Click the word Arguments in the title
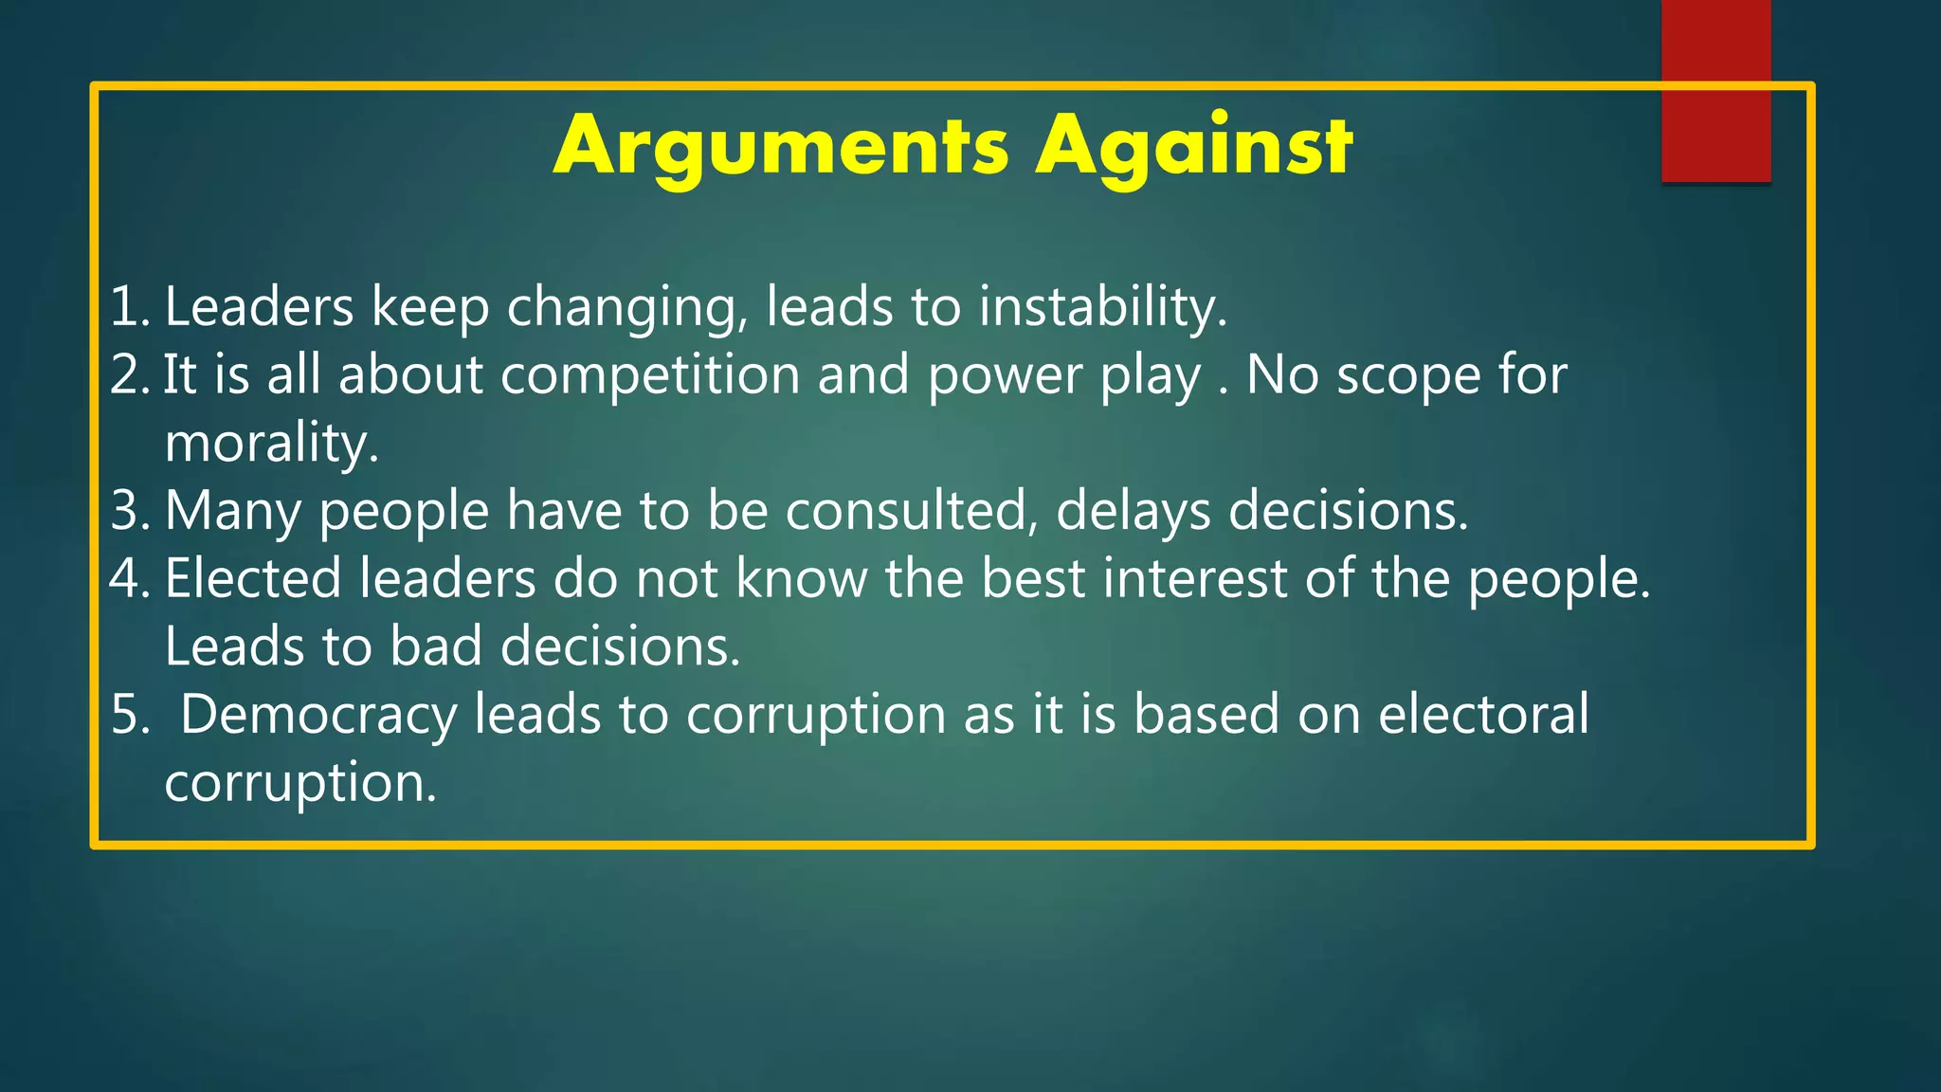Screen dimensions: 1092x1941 [x=781, y=147]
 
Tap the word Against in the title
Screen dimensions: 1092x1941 [x=1193, y=147]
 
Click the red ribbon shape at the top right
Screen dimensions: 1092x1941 [x=1715, y=91]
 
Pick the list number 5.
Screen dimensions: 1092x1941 [x=128, y=715]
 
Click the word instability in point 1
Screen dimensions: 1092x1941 [x=1102, y=307]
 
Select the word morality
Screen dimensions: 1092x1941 [x=271, y=443]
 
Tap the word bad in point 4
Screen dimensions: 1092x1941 [x=436, y=646]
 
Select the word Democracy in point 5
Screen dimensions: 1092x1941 [x=318, y=715]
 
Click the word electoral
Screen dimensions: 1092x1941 [x=1483, y=715]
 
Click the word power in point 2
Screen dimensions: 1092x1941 [x=1005, y=375]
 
